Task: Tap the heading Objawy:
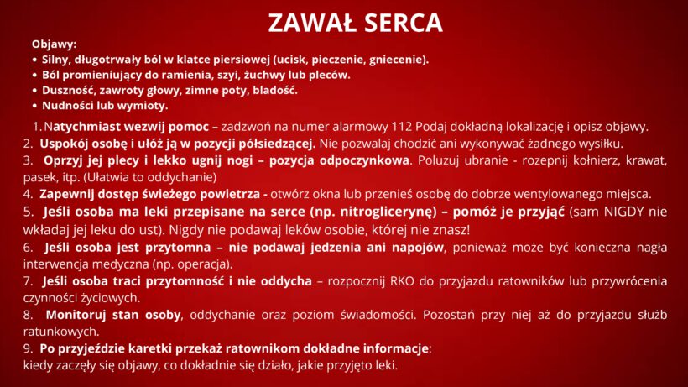[x=54, y=44]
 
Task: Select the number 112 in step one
[x=402, y=127]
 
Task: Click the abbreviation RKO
[x=402, y=281]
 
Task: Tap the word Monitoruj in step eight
[x=75, y=315]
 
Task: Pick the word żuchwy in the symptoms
[x=262, y=75]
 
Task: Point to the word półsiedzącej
[x=277, y=144]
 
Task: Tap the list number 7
[x=28, y=281]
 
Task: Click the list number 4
[x=28, y=194]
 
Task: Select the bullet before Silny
[x=35, y=60]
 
